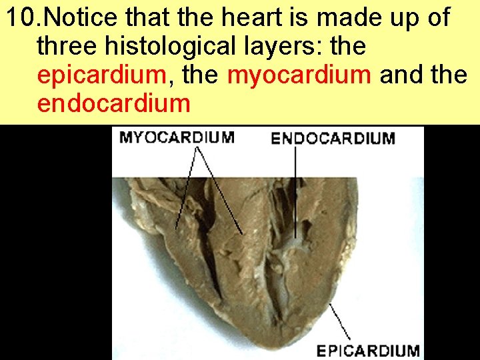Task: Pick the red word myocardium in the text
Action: pyautogui.click(x=299, y=75)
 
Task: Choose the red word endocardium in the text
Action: pyautogui.click(x=114, y=104)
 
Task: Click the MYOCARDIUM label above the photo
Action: pyautogui.click(x=176, y=138)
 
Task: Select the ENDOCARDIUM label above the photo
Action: pyautogui.click(x=333, y=139)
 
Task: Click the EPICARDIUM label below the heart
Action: pyautogui.click(x=367, y=350)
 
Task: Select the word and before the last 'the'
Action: pyautogui.click(x=401, y=75)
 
